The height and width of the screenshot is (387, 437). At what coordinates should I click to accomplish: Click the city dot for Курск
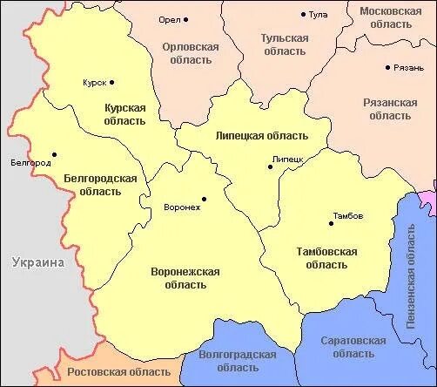pyautogui.click(x=112, y=83)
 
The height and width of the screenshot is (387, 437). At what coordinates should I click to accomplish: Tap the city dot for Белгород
pyautogui.click(x=54, y=155)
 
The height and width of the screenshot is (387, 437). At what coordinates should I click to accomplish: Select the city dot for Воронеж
pyautogui.click(x=205, y=198)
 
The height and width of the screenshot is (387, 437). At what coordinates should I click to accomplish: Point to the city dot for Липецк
pyautogui.click(x=270, y=167)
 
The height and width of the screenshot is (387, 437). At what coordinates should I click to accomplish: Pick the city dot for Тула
pyautogui.click(x=303, y=15)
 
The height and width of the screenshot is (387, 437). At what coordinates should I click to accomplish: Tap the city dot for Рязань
pyautogui.click(x=388, y=67)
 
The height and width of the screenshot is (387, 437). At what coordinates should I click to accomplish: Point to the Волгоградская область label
pyautogui.click(x=238, y=362)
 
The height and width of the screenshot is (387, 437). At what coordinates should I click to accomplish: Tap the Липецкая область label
pyautogui.click(x=261, y=136)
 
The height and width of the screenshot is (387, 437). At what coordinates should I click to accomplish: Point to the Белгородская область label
pyautogui.click(x=101, y=185)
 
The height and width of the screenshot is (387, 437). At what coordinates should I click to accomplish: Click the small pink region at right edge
pyautogui.click(x=428, y=200)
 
